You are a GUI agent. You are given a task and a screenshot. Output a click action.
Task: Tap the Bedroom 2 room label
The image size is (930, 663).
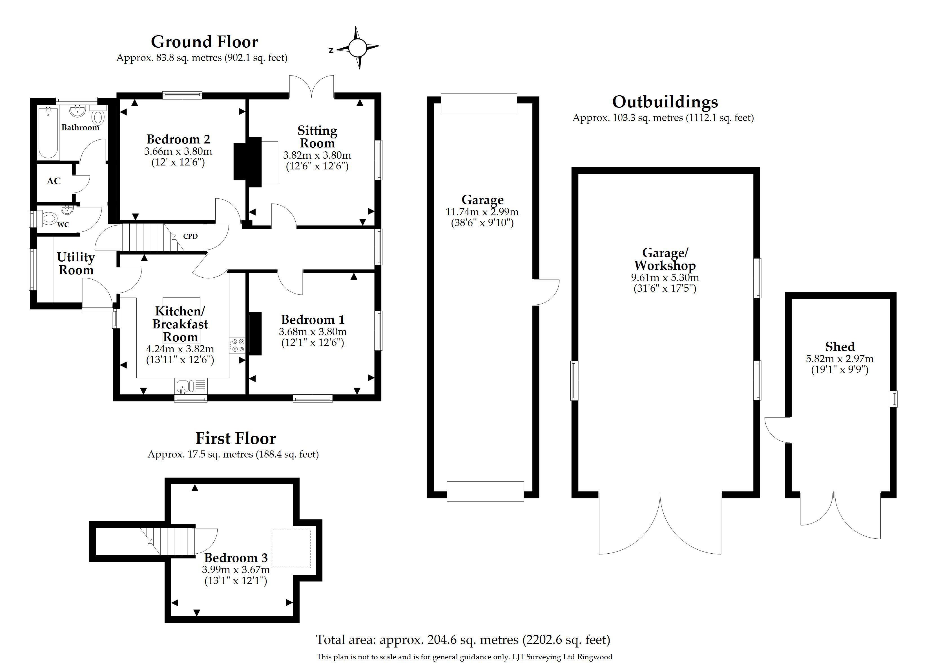coord(178,139)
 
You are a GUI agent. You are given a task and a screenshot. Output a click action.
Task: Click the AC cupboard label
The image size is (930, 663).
coord(54,181)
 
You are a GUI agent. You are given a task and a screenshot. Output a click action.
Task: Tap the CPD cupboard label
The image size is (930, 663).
coord(190,237)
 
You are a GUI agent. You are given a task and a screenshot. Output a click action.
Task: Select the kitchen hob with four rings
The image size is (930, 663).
coord(237,345)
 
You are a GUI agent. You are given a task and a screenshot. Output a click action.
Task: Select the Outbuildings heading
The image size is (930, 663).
coord(665,102)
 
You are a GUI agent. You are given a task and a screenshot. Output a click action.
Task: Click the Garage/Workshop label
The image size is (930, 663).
coord(665,259)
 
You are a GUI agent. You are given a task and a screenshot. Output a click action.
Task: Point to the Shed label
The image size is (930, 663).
coord(840,347)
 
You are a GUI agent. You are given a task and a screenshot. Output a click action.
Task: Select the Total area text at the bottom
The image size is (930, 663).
coord(463,639)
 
